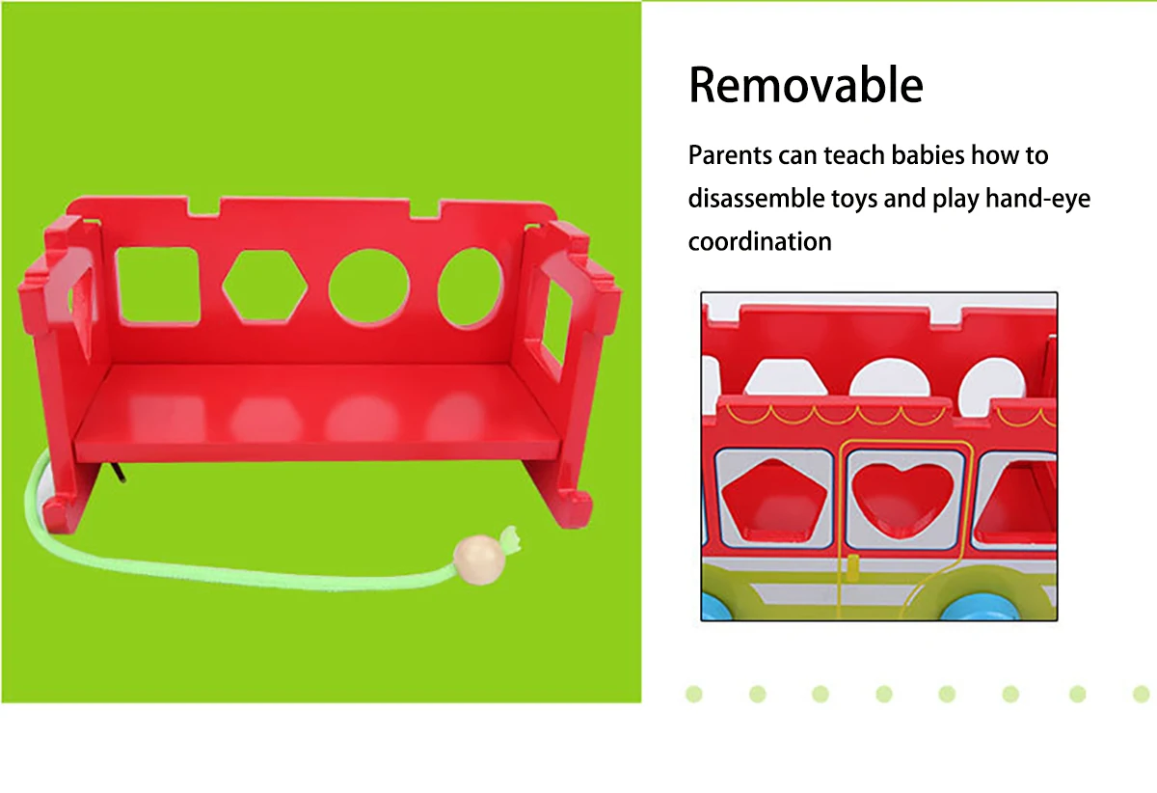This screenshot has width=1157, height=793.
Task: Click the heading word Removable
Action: pyautogui.click(x=806, y=85)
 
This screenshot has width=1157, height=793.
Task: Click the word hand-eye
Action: pyautogui.click(x=1038, y=200)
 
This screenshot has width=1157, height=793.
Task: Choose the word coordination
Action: pyautogui.click(x=760, y=241)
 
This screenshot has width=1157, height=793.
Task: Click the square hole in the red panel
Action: pyautogui.click(x=157, y=287)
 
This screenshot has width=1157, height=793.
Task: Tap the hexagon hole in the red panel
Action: pyautogui.click(x=265, y=287)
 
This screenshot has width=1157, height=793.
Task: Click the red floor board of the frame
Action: pyautogui.click(x=317, y=411)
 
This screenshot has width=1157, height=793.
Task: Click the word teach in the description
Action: pyautogui.click(x=854, y=155)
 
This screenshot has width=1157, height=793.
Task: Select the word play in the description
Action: pyautogui.click(x=955, y=200)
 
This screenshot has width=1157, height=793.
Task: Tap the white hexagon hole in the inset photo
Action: pyautogui.click(x=784, y=378)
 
